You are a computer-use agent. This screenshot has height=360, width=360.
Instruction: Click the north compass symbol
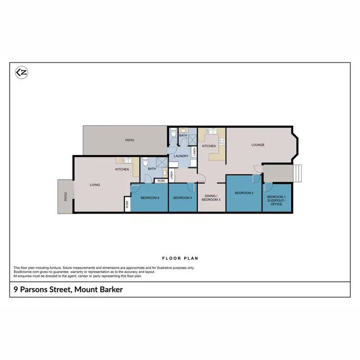click(21, 72)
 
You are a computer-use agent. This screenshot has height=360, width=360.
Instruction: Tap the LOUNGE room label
click(258, 144)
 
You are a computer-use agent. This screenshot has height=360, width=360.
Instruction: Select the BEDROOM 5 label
click(150, 198)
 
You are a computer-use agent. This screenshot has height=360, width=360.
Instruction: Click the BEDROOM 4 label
click(182, 198)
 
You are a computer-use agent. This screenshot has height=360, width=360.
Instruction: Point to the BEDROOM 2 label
click(244, 193)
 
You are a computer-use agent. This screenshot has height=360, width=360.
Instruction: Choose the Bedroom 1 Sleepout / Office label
click(276, 201)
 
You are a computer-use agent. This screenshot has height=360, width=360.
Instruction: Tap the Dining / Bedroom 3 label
click(212, 197)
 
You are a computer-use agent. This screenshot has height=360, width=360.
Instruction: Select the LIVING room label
click(95, 184)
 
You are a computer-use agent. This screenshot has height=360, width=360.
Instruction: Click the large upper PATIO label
click(130, 140)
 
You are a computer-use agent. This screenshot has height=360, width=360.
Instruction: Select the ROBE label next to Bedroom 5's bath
click(161, 180)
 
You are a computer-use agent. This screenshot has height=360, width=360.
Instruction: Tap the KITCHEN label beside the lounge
click(208, 146)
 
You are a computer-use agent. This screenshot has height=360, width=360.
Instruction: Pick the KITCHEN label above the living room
click(122, 169)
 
